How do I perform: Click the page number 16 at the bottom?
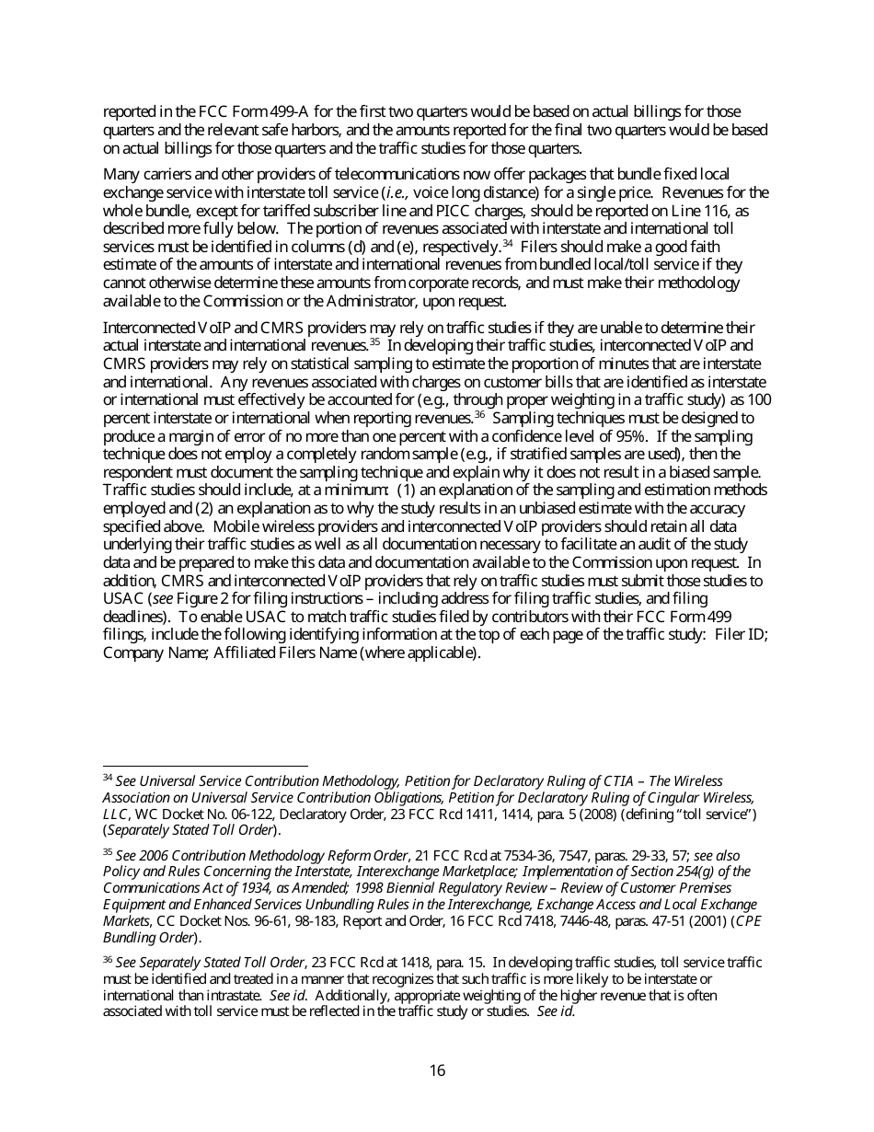(x=437, y=1070)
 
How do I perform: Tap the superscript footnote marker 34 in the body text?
(x=507, y=244)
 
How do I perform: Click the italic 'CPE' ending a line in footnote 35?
(x=747, y=920)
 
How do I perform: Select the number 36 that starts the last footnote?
(x=108, y=959)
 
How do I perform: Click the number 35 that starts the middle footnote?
(x=108, y=853)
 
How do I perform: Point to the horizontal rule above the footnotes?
(x=205, y=765)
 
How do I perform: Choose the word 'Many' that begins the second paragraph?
(x=121, y=175)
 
